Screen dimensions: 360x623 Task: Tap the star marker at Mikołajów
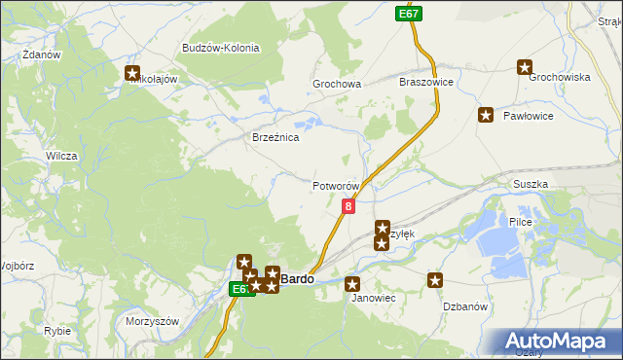click(x=133, y=72)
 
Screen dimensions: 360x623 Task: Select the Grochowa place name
click(x=337, y=85)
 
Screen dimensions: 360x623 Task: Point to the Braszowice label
click(x=426, y=83)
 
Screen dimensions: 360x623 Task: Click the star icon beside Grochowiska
click(x=525, y=67)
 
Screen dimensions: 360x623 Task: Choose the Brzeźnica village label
click(x=275, y=138)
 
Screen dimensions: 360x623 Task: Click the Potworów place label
click(x=336, y=186)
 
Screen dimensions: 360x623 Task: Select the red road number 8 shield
click(x=348, y=206)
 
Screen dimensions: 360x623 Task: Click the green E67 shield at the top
click(x=409, y=14)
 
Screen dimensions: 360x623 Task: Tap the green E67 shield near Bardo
click(x=242, y=289)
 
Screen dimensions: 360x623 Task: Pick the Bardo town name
click(x=298, y=279)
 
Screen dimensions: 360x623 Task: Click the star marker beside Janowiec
click(x=352, y=283)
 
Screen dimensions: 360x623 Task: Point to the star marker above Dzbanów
click(x=434, y=281)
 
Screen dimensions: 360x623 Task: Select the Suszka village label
click(x=530, y=184)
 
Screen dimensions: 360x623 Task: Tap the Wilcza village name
click(x=61, y=156)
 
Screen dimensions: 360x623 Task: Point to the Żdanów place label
click(x=40, y=55)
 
